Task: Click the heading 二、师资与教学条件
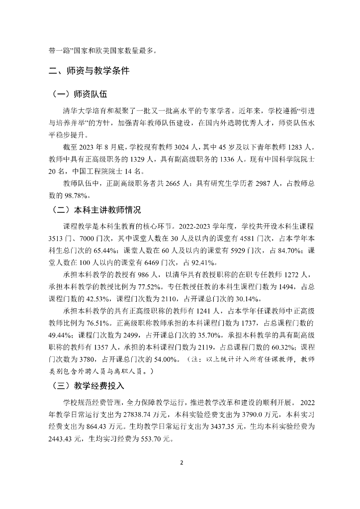(90, 71)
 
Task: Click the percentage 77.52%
(148, 288)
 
